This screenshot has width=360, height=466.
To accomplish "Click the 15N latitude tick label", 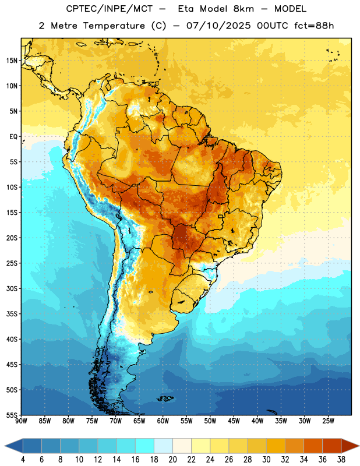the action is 12,61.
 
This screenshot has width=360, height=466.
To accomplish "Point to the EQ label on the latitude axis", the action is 13,137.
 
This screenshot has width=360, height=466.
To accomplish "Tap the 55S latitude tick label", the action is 12,415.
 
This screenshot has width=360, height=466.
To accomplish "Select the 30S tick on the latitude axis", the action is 12,288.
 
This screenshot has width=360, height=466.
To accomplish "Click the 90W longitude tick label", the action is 21,421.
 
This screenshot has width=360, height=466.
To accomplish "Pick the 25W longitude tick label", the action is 328,421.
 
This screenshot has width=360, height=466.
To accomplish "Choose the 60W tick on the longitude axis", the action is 163,421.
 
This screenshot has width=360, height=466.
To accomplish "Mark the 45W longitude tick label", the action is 234,421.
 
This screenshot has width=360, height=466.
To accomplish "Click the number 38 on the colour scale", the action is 341,460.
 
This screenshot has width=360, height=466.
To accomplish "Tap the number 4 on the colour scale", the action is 23,460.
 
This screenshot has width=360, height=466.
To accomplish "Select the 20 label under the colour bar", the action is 172,460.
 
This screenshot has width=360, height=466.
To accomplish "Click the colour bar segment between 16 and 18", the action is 144,446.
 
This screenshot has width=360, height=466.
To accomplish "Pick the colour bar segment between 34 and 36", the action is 313,446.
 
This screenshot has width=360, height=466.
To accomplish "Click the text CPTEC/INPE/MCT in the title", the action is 109,9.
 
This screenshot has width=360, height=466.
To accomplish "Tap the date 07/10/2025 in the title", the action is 218,26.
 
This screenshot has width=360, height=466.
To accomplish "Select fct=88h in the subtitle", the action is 314,26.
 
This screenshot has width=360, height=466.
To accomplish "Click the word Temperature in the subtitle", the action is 114,26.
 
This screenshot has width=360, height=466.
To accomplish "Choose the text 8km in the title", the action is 243,9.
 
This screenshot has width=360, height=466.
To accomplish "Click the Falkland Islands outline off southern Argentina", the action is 165,398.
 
